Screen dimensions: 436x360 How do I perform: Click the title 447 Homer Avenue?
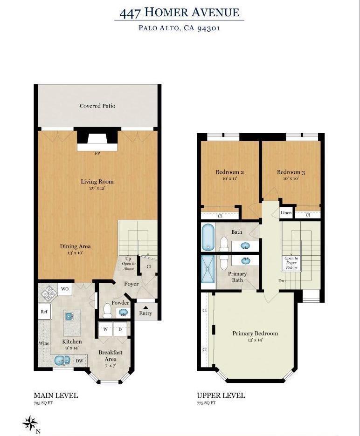pos(180,13)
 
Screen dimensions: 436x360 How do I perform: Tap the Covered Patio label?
pos(97,106)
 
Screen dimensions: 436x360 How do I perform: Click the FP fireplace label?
pos(97,153)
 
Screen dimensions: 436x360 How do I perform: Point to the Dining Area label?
pos(75,246)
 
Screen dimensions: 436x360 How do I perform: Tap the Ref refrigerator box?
pos(44,312)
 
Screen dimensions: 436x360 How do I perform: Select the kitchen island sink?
pos(69,316)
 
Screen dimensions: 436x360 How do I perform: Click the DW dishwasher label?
pos(79,360)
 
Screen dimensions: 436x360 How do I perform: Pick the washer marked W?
pos(105,329)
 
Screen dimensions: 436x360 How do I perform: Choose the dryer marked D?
pos(120,329)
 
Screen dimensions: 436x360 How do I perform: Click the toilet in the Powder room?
pos(107,310)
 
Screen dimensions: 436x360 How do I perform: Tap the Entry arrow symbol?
pos(145,307)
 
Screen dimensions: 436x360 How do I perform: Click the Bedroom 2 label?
pos(229,172)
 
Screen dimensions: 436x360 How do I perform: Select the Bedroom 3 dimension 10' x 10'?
pos(291,178)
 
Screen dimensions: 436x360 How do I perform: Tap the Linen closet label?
pos(286,213)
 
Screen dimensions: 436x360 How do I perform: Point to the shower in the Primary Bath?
pos(208,270)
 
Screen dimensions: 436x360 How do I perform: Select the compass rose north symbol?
pos(30,423)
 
